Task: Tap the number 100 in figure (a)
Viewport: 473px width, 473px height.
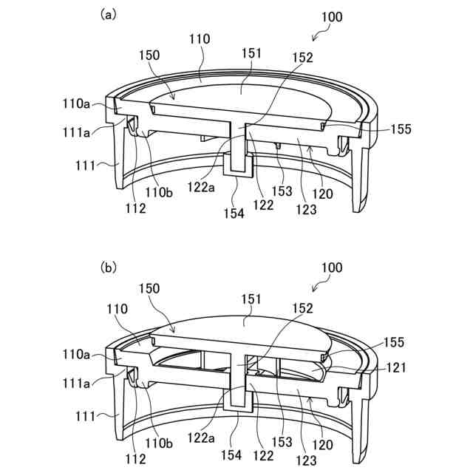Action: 332,17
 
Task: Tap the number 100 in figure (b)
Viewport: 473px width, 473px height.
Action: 332,268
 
